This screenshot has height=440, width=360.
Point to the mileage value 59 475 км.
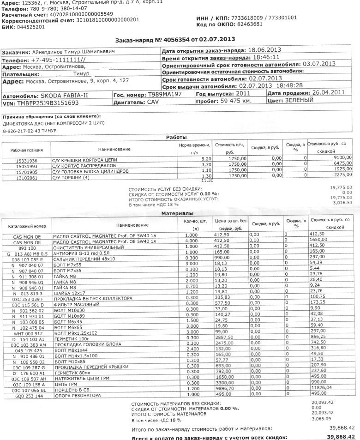pos(235,102)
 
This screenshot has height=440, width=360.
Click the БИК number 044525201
pos(30,27)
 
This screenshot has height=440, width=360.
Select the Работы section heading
pos(176,138)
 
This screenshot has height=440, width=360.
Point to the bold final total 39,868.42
pos(340,436)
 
